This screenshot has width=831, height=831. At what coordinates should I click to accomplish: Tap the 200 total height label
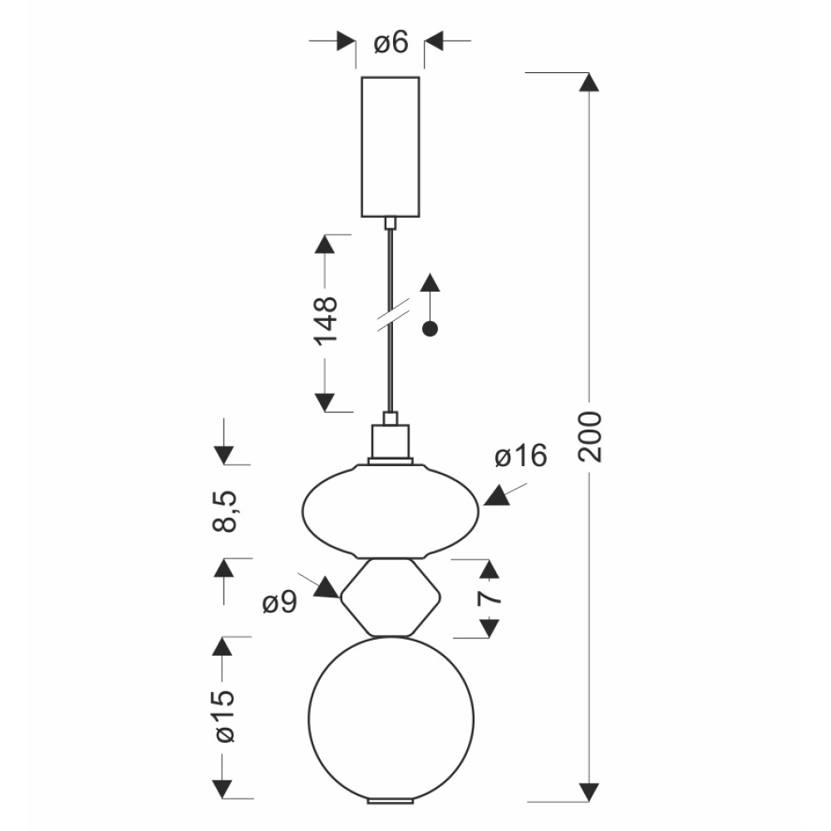[590, 436]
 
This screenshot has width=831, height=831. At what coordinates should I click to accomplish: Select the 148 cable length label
[326, 321]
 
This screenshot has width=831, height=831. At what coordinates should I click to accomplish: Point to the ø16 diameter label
[520, 455]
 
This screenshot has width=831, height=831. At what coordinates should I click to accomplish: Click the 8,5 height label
[224, 511]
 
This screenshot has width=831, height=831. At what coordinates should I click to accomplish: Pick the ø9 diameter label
[280, 602]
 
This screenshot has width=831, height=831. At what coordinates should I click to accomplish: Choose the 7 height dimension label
[489, 597]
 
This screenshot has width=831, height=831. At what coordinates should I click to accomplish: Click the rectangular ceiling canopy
[391, 147]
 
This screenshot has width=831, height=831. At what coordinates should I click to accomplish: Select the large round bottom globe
[391, 719]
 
